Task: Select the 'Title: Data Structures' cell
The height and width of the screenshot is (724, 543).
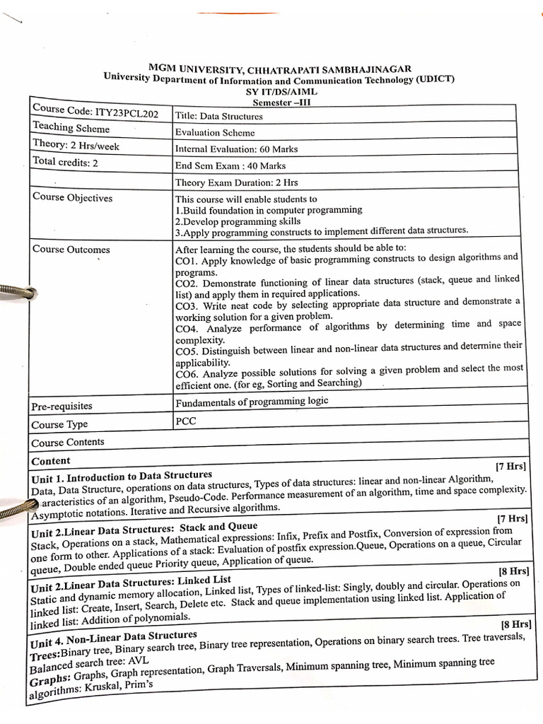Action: [x=218, y=116]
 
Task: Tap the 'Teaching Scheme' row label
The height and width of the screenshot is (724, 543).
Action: [x=71, y=128]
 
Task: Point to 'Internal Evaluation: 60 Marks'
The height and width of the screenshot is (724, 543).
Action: [x=236, y=149]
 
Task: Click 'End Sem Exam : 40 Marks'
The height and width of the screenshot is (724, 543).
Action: [x=230, y=165]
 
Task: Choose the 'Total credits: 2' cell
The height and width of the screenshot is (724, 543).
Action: [x=66, y=161]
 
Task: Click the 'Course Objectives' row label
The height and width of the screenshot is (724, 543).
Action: [x=72, y=197]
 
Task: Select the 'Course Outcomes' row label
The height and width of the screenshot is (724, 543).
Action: [x=71, y=249]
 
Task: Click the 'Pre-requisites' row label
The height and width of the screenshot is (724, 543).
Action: [x=62, y=407]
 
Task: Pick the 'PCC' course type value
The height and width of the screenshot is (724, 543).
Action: [x=185, y=420]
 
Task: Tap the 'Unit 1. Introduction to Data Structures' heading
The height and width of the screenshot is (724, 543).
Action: [x=122, y=476]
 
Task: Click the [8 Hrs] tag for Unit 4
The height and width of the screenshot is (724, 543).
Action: [x=514, y=624]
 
